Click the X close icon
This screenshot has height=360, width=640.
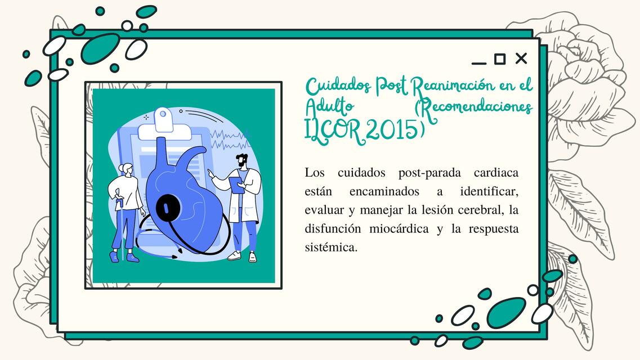pyautogui.click(x=521, y=58)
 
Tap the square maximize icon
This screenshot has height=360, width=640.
pyautogui.click(x=500, y=58)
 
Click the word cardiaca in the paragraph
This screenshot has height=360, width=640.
pyautogui.click(x=496, y=172)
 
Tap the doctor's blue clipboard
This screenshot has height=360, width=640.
pyautogui.click(x=238, y=184)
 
